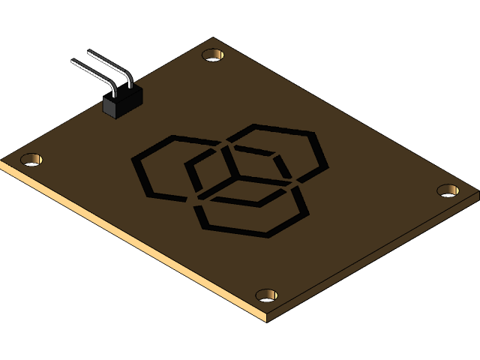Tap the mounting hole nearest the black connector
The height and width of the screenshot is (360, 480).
tap(214, 55)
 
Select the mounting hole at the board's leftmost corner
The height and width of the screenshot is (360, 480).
tap(31, 159)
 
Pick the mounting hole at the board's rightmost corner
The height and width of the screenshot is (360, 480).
tap(448, 190)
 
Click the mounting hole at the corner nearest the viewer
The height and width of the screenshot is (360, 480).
tap(266, 295)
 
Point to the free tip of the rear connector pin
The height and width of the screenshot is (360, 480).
tap(88, 52)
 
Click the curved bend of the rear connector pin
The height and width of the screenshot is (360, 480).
tap(127, 76)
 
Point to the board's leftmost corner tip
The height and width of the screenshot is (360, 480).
tap(2, 161)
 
